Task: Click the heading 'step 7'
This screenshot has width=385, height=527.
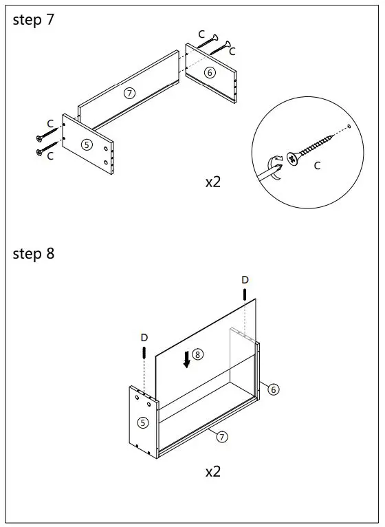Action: click(x=33, y=20)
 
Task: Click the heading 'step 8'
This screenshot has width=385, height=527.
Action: click(x=33, y=253)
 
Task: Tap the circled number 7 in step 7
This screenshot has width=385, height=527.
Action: click(x=130, y=93)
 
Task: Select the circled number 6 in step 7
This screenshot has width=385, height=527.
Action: click(x=210, y=72)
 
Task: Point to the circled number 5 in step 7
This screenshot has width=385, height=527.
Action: click(x=87, y=144)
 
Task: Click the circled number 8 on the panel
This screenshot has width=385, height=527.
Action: click(x=197, y=354)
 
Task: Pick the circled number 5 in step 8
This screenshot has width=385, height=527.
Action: click(x=143, y=422)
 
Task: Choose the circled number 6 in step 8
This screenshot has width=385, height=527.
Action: click(x=274, y=389)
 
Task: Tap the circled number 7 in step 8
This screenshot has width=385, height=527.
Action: click(x=222, y=437)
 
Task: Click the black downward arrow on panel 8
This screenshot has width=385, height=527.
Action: click(x=187, y=359)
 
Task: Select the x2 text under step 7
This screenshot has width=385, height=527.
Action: click(x=213, y=182)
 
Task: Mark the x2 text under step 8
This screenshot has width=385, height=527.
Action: click(x=213, y=471)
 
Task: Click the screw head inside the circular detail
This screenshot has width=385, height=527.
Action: click(x=293, y=158)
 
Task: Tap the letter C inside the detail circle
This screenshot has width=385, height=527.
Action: click(x=317, y=165)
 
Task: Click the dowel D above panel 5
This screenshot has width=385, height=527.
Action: click(x=144, y=352)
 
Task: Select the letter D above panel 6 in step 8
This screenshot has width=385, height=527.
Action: click(x=245, y=279)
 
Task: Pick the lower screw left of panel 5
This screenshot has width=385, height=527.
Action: click(x=47, y=149)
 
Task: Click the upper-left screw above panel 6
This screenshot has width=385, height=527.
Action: click(x=208, y=41)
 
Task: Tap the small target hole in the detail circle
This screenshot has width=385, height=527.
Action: click(x=349, y=127)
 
